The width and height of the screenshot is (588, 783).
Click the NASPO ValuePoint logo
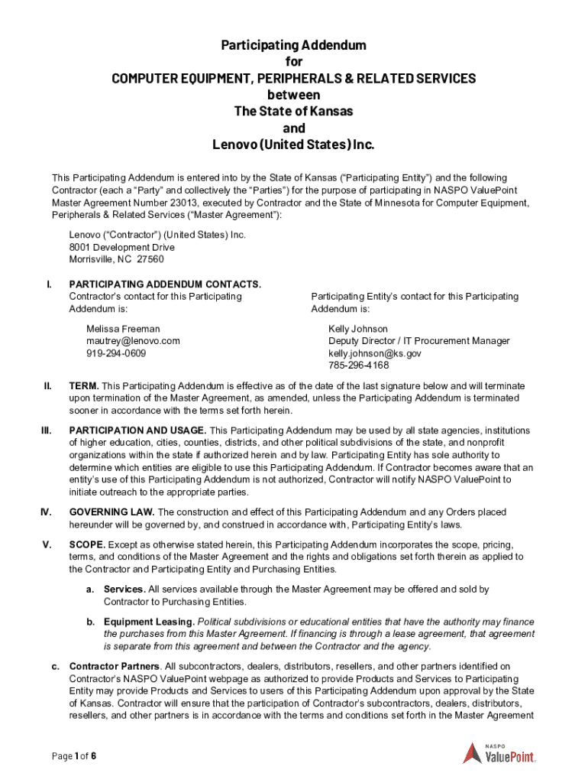point(499,753)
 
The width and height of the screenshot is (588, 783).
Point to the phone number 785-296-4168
point(357,366)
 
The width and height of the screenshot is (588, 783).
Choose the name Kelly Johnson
point(357,329)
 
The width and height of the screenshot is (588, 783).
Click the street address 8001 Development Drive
point(121,248)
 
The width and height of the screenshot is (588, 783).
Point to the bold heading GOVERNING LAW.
point(111,512)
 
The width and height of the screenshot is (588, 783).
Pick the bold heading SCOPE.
point(86,544)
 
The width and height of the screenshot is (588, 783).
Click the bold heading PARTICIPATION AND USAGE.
point(137,430)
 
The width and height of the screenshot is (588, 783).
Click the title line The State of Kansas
point(294,112)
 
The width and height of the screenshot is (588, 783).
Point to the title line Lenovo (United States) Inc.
point(294,145)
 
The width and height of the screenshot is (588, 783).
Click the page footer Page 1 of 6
point(74,757)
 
